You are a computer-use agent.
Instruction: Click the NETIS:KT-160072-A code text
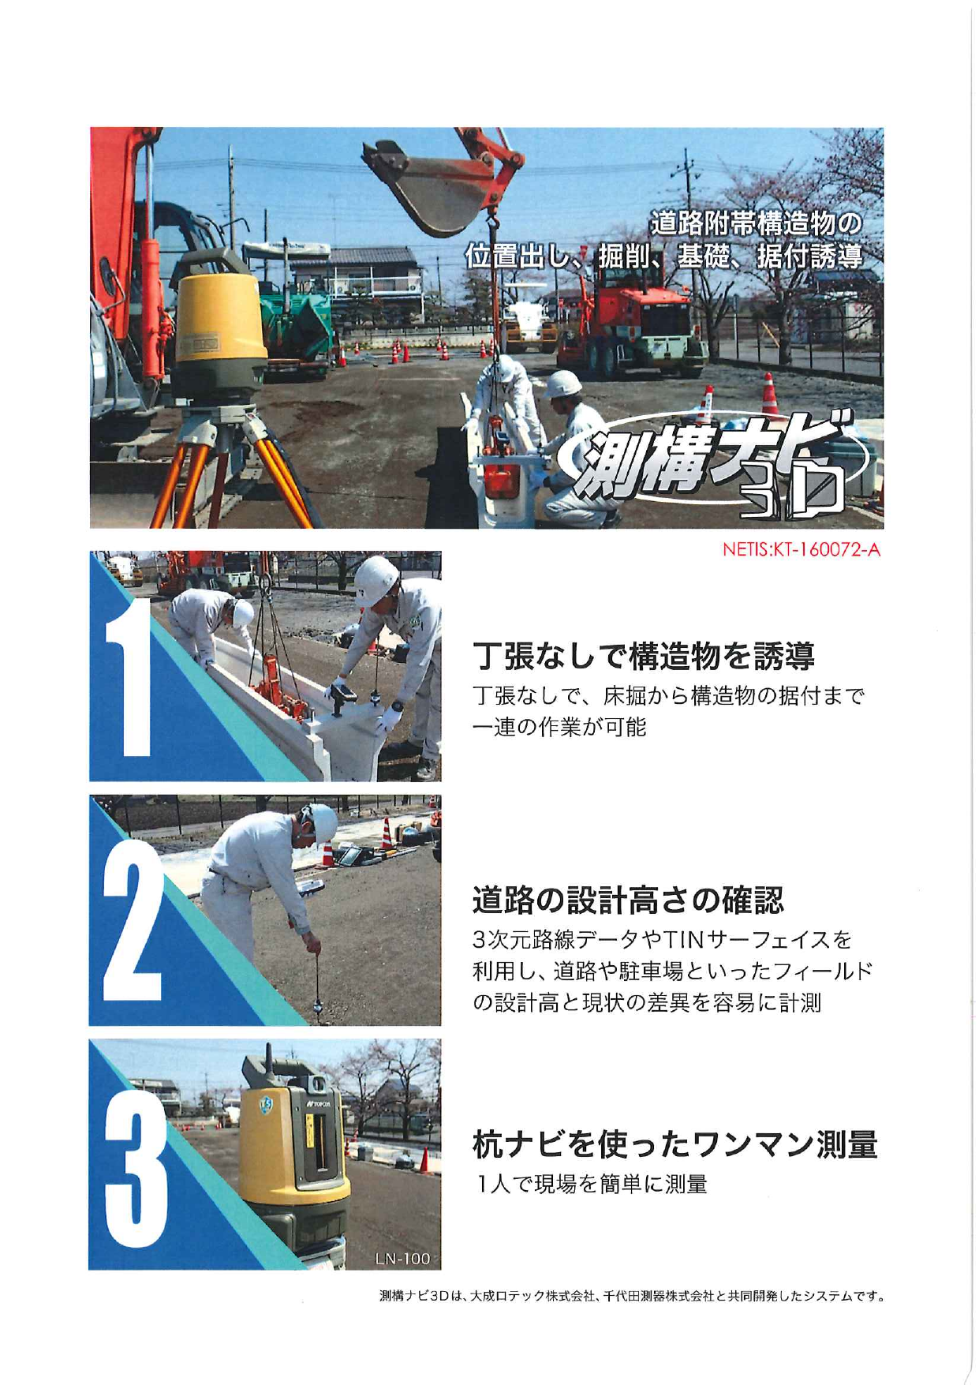[801, 550]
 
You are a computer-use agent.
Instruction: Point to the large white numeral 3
[136, 1176]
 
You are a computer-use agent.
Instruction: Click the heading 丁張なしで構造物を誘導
[643, 655]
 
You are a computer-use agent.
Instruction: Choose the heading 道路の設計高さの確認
[628, 899]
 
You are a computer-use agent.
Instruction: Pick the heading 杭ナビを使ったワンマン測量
[674, 1144]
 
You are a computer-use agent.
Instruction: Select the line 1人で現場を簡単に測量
[589, 1185]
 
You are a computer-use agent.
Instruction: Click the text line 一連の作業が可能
[559, 728]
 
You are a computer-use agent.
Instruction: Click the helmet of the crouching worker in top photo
[563, 384]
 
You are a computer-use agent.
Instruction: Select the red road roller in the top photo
[631, 324]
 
